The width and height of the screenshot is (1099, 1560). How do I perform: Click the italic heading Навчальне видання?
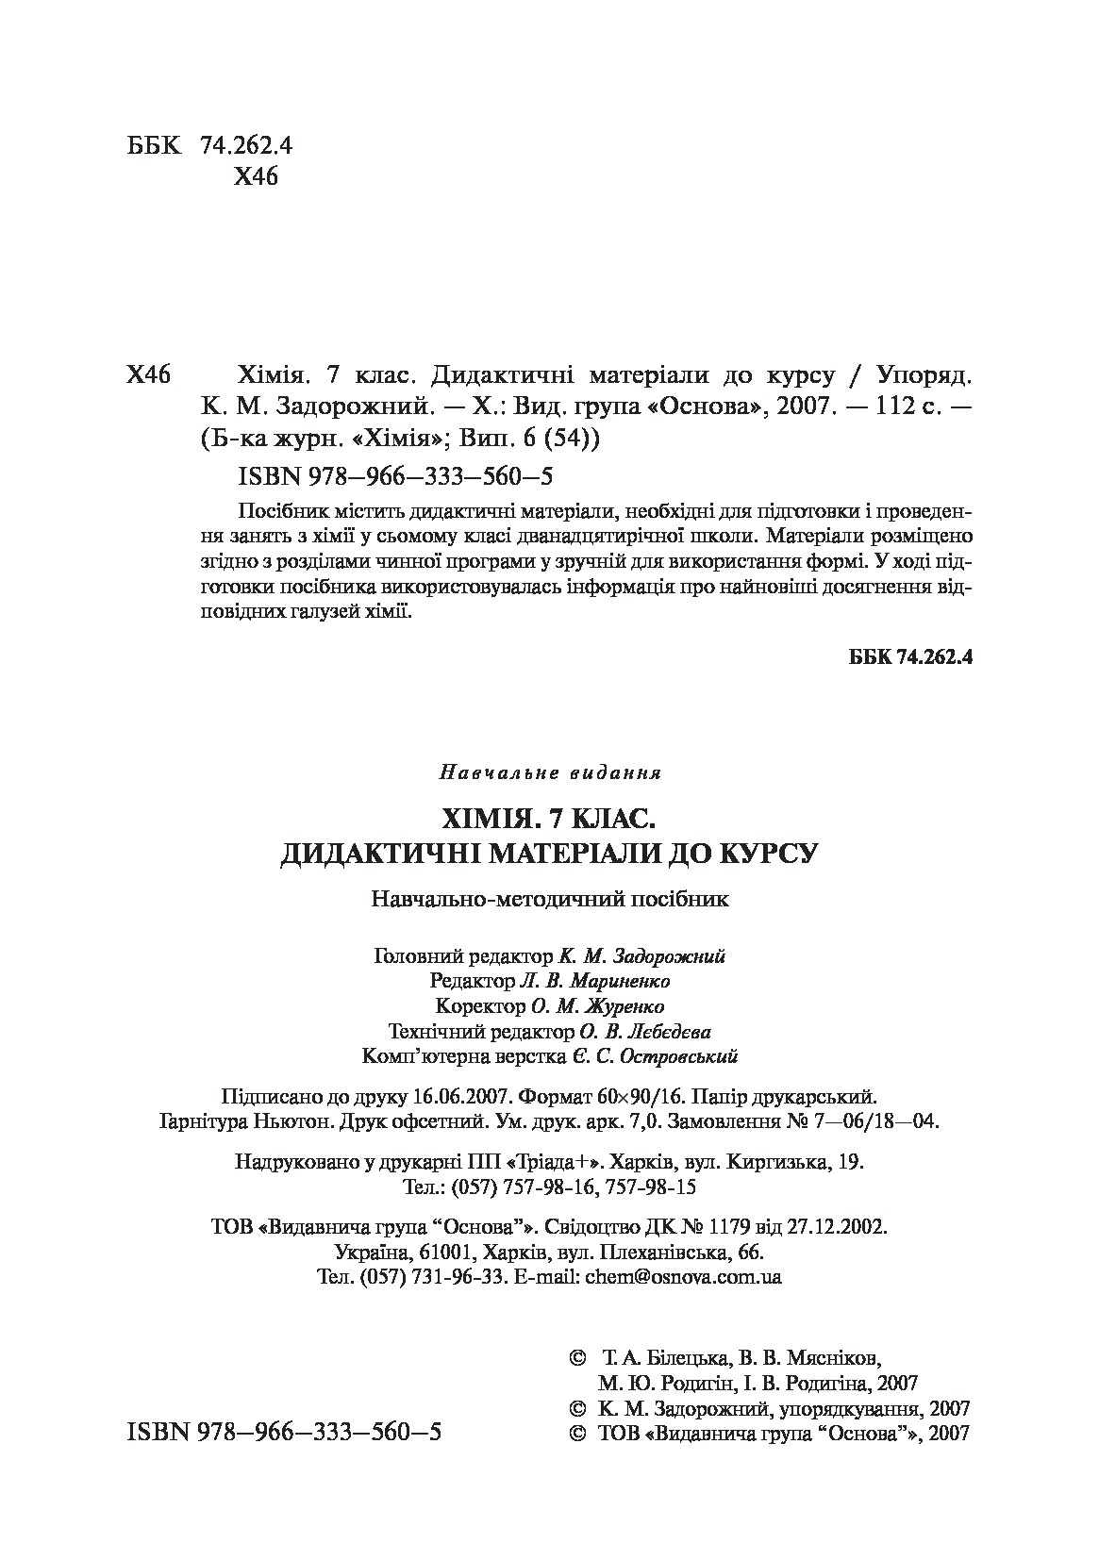pyautogui.click(x=550, y=773)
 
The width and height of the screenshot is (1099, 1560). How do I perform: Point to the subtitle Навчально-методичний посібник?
pyautogui.click(x=550, y=898)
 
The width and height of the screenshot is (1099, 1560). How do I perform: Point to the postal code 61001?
pyautogui.click(x=443, y=1253)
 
